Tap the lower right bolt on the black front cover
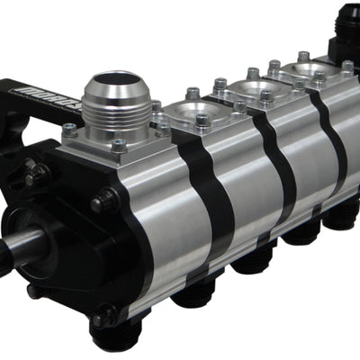click(x=101, y=318)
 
